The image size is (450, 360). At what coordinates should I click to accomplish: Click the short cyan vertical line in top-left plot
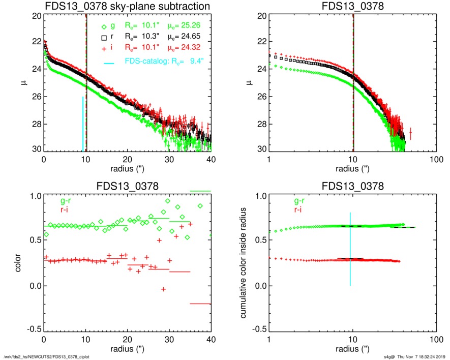tap(83, 124)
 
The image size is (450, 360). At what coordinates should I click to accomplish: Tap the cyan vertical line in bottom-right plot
tap(350, 249)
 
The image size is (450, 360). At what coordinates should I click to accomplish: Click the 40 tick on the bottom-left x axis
tap(211, 340)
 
